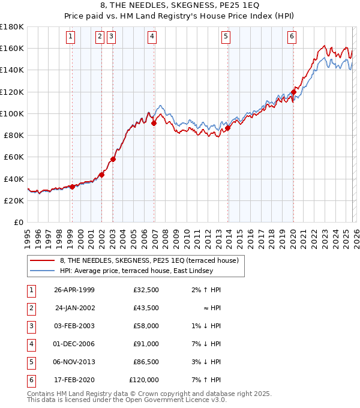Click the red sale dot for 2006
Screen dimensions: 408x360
tap(154, 123)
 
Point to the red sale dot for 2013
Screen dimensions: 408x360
tap(227, 128)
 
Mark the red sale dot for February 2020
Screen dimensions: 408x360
tap(293, 92)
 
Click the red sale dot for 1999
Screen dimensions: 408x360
tap(73, 187)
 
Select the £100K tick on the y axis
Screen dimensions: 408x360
tap(12, 113)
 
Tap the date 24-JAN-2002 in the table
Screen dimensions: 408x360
tap(74, 308)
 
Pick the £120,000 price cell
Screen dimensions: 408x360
tap(144, 380)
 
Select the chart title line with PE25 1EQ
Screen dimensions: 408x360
tap(180, 7)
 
